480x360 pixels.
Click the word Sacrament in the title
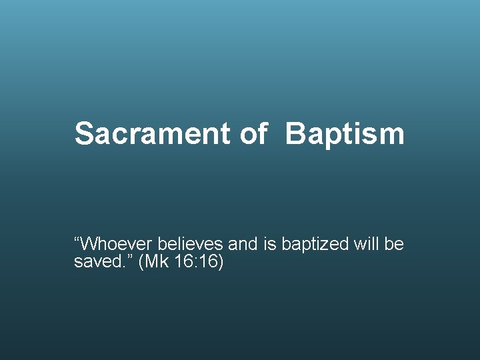coord(152,133)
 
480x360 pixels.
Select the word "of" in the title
coord(253,133)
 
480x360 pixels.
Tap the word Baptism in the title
coord(345,133)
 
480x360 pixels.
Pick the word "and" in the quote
coord(243,245)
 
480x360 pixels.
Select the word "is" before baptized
coord(269,245)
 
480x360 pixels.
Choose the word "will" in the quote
coord(366,245)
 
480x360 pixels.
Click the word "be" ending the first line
coord(394,245)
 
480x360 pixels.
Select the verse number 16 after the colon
coord(208,262)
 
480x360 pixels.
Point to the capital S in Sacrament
coord(83,133)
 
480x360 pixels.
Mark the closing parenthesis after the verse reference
coord(221,262)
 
